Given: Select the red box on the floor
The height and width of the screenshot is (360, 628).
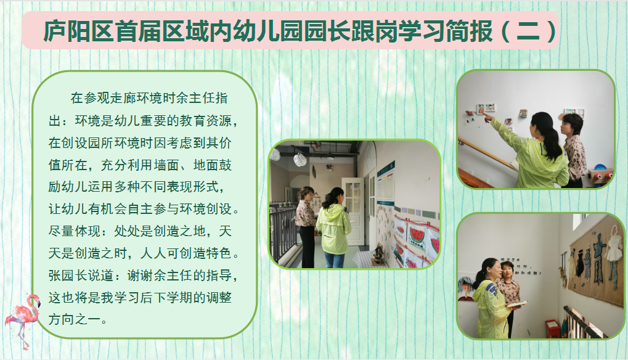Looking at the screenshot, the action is (x=552, y=329).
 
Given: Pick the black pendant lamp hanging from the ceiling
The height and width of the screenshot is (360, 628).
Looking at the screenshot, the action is (x=330, y=154).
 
